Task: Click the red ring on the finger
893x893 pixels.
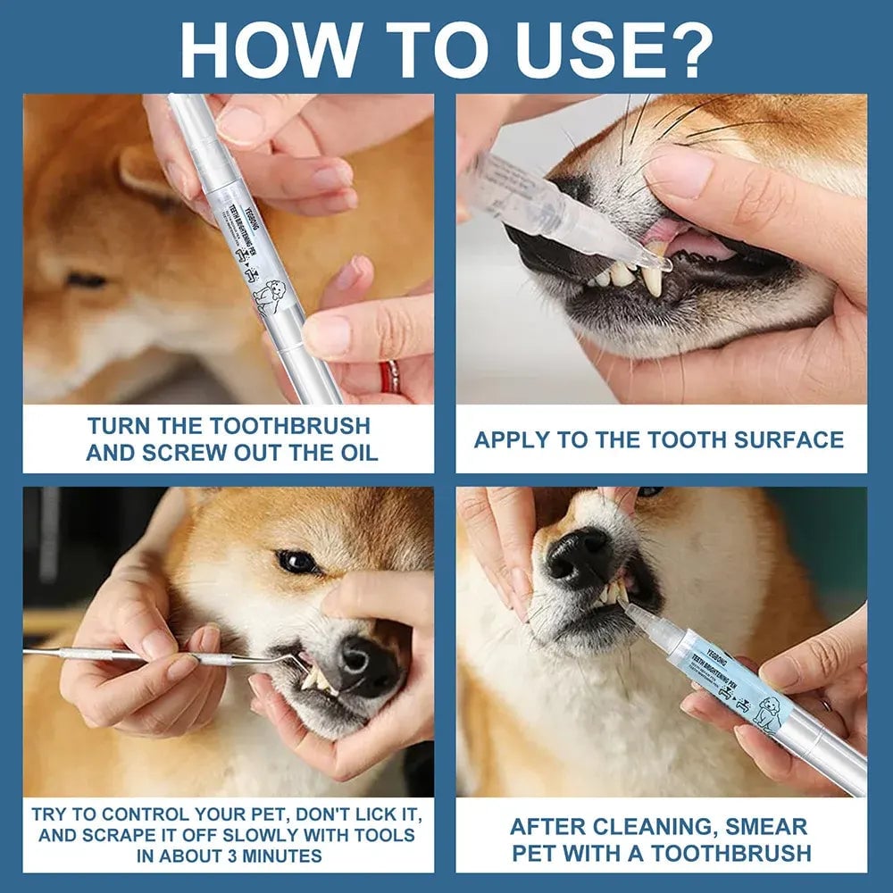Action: click(x=389, y=377)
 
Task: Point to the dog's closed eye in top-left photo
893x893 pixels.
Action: click(x=86, y=280)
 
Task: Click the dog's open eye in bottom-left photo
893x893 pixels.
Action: click(x=297, y=561)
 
